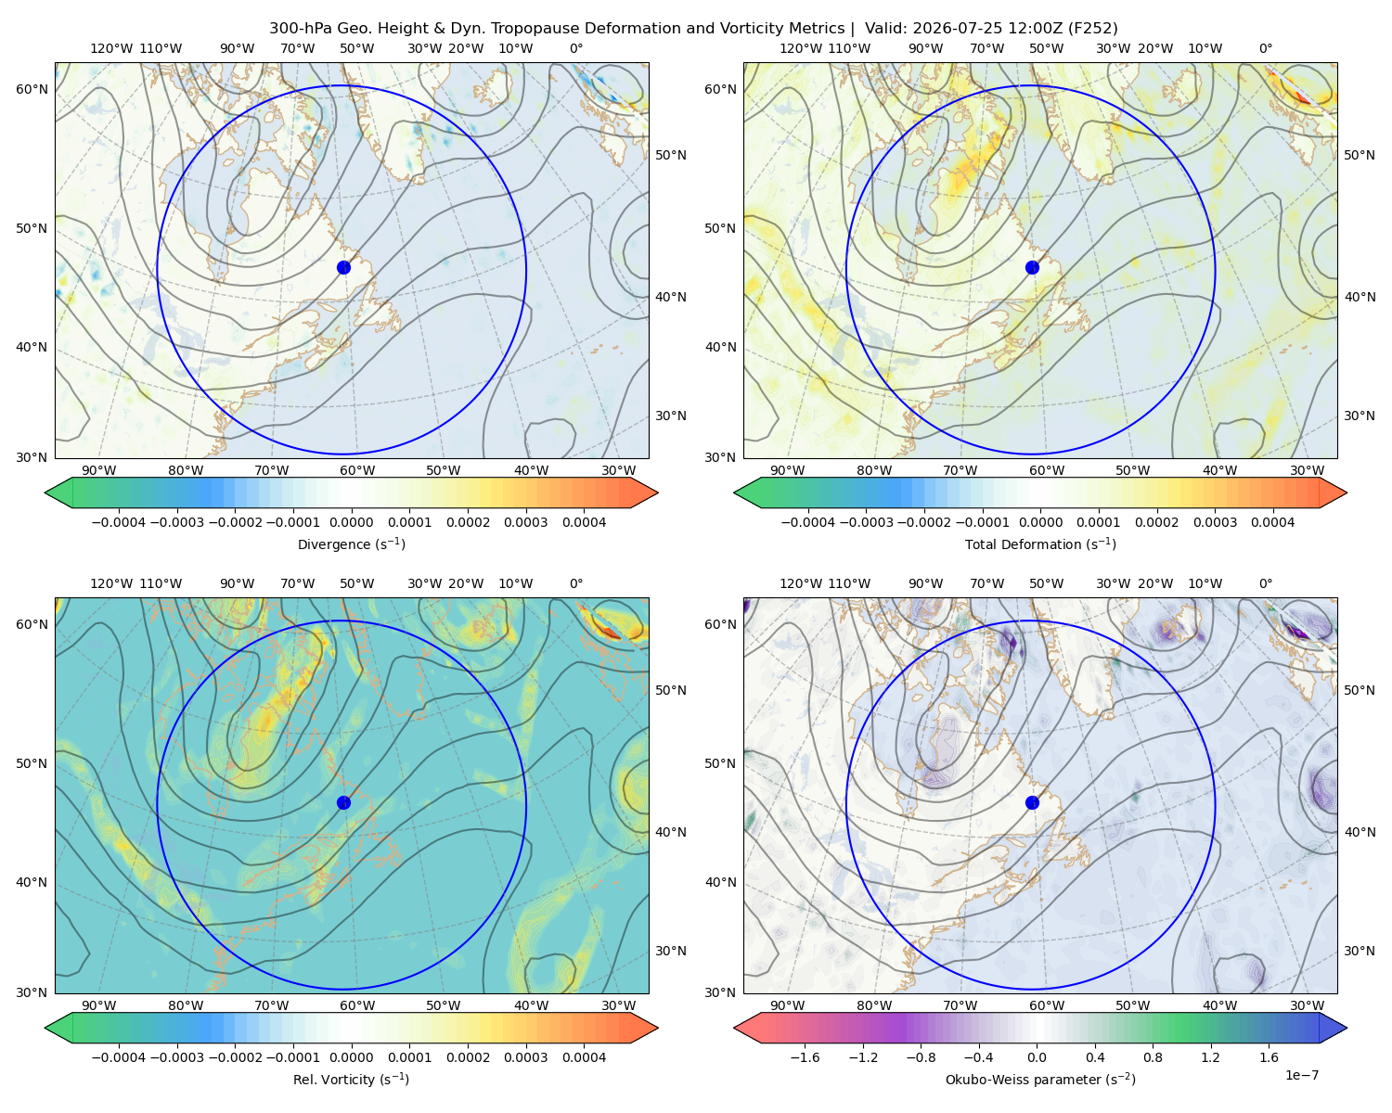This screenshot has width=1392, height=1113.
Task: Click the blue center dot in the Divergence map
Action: (343, 268)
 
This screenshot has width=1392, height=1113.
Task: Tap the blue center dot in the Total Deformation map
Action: (1032, 268)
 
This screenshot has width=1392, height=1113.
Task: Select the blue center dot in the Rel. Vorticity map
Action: (343, 802)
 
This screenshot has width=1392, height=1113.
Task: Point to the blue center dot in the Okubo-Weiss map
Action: (1032, 802)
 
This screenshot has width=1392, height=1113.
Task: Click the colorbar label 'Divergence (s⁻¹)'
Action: (351, 544)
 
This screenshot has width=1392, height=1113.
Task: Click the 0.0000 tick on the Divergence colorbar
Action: (351, 522)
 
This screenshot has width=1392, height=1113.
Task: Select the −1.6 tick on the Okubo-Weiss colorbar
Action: (805, 1057)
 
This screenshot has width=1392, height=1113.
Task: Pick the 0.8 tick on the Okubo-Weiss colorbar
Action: (1153, 1057)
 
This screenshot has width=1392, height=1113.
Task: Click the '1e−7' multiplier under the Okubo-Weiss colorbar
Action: (1301, 1075)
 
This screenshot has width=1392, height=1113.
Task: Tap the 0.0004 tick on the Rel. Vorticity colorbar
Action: (584, 1057)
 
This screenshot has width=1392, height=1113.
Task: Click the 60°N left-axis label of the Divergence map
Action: (32, 89)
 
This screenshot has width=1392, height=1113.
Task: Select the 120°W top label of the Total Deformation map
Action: (800, 48)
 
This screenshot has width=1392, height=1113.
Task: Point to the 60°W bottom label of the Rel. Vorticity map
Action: (357, 1005)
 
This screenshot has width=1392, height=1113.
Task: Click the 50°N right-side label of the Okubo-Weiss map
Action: (1359, 690)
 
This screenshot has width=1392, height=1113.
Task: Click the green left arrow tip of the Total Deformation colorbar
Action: (735, 493)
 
